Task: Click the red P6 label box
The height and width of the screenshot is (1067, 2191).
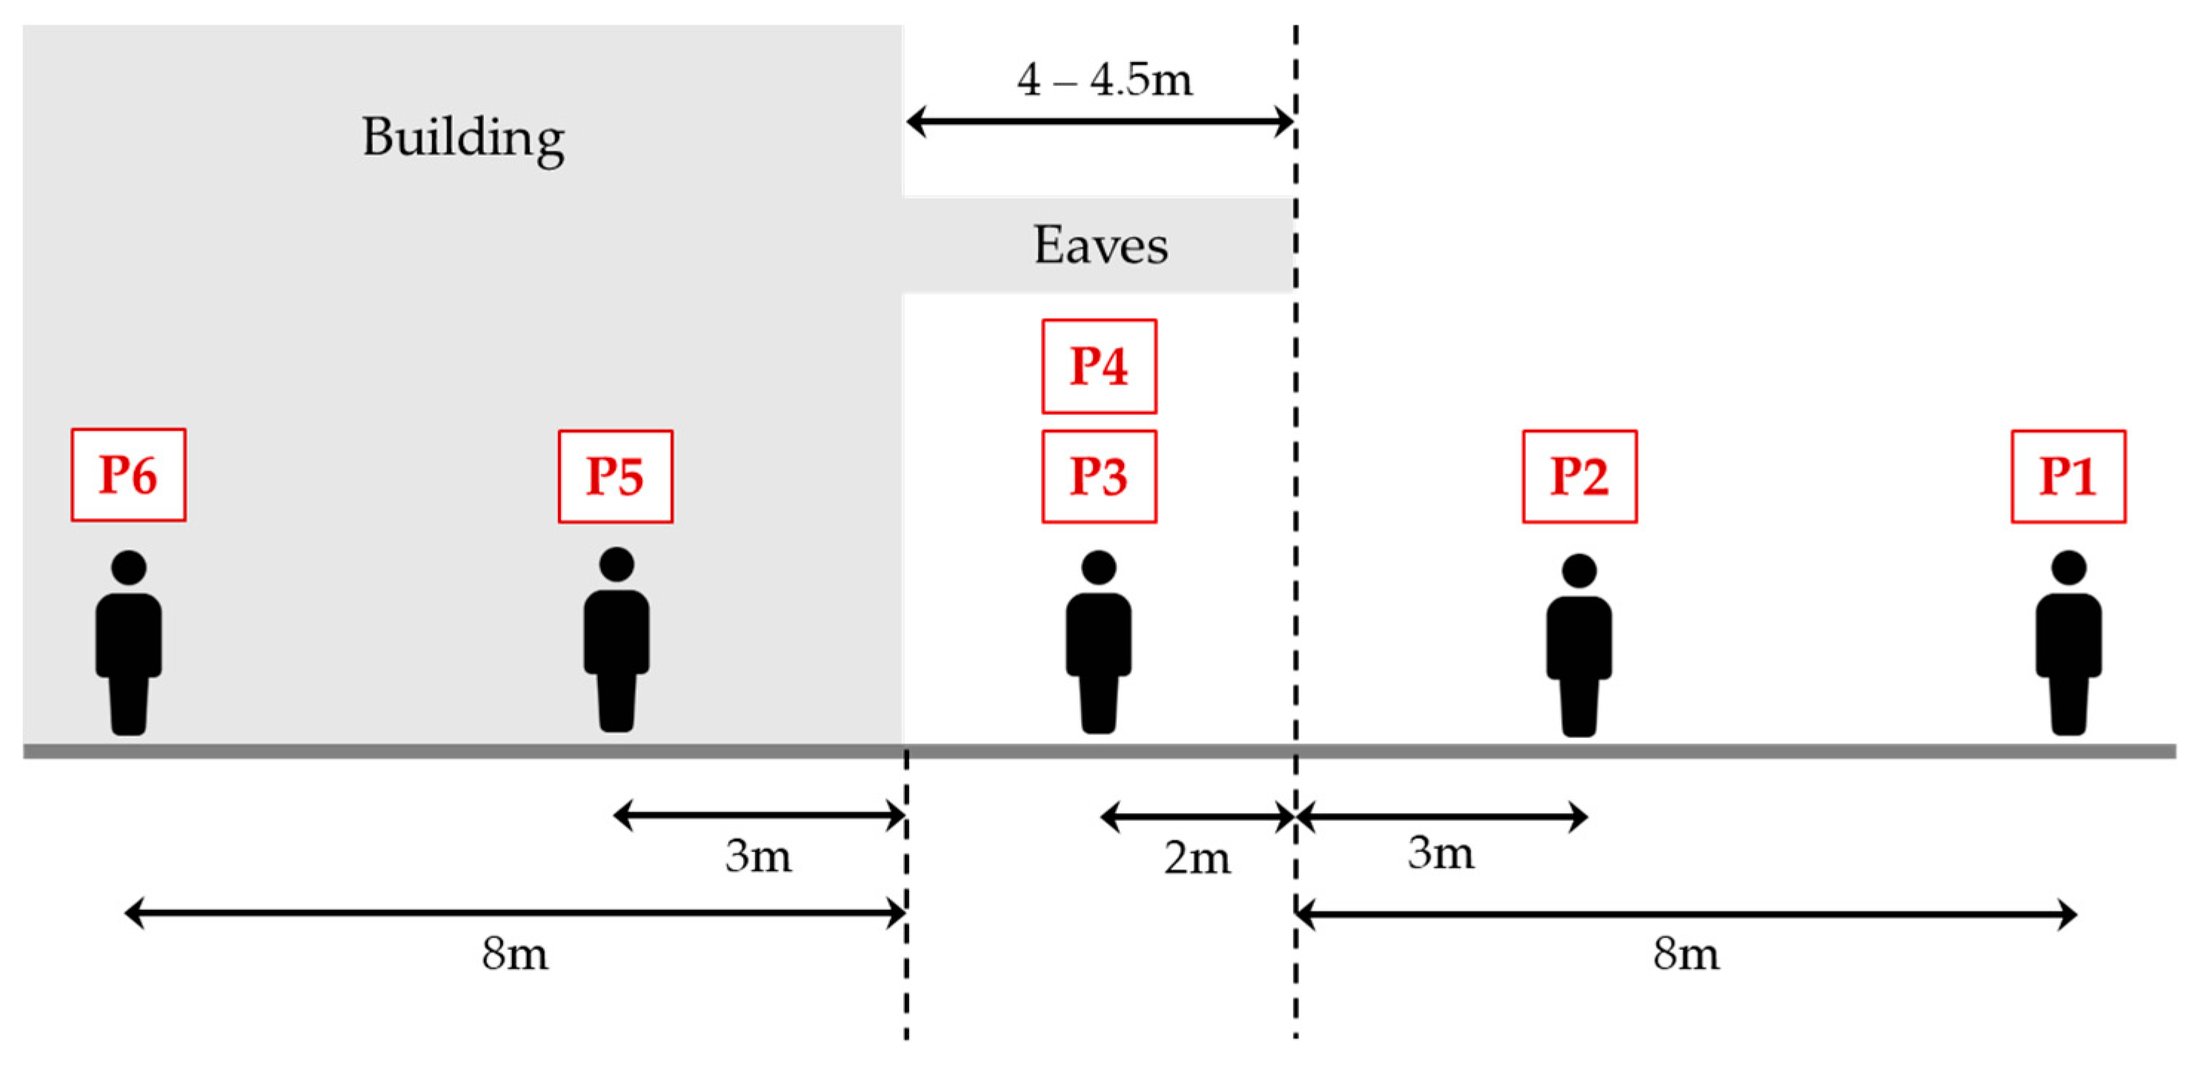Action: pos(128,475)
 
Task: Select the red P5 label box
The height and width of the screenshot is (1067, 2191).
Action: pos(615,476)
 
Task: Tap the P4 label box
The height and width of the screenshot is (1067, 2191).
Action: pos(1099,367)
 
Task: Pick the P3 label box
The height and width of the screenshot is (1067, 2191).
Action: pos(1099,476)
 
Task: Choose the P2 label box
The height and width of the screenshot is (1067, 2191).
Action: pos(1580,476)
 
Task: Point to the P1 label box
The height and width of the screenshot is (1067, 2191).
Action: pos(2068,476)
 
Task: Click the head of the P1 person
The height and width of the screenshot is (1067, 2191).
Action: pos(2069,568)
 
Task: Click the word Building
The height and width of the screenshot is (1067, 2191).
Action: pos(464,138)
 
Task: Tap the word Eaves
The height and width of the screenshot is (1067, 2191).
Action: pos(1100,246)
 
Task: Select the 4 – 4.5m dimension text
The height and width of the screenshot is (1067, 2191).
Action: pos(1105,81)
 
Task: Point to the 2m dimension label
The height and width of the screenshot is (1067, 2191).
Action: pos(1197,859)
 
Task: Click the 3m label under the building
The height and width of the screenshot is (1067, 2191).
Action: pos(758,856)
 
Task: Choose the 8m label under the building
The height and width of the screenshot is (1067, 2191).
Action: pos(514,954)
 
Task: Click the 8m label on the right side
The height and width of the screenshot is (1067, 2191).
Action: pos(1686,954)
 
